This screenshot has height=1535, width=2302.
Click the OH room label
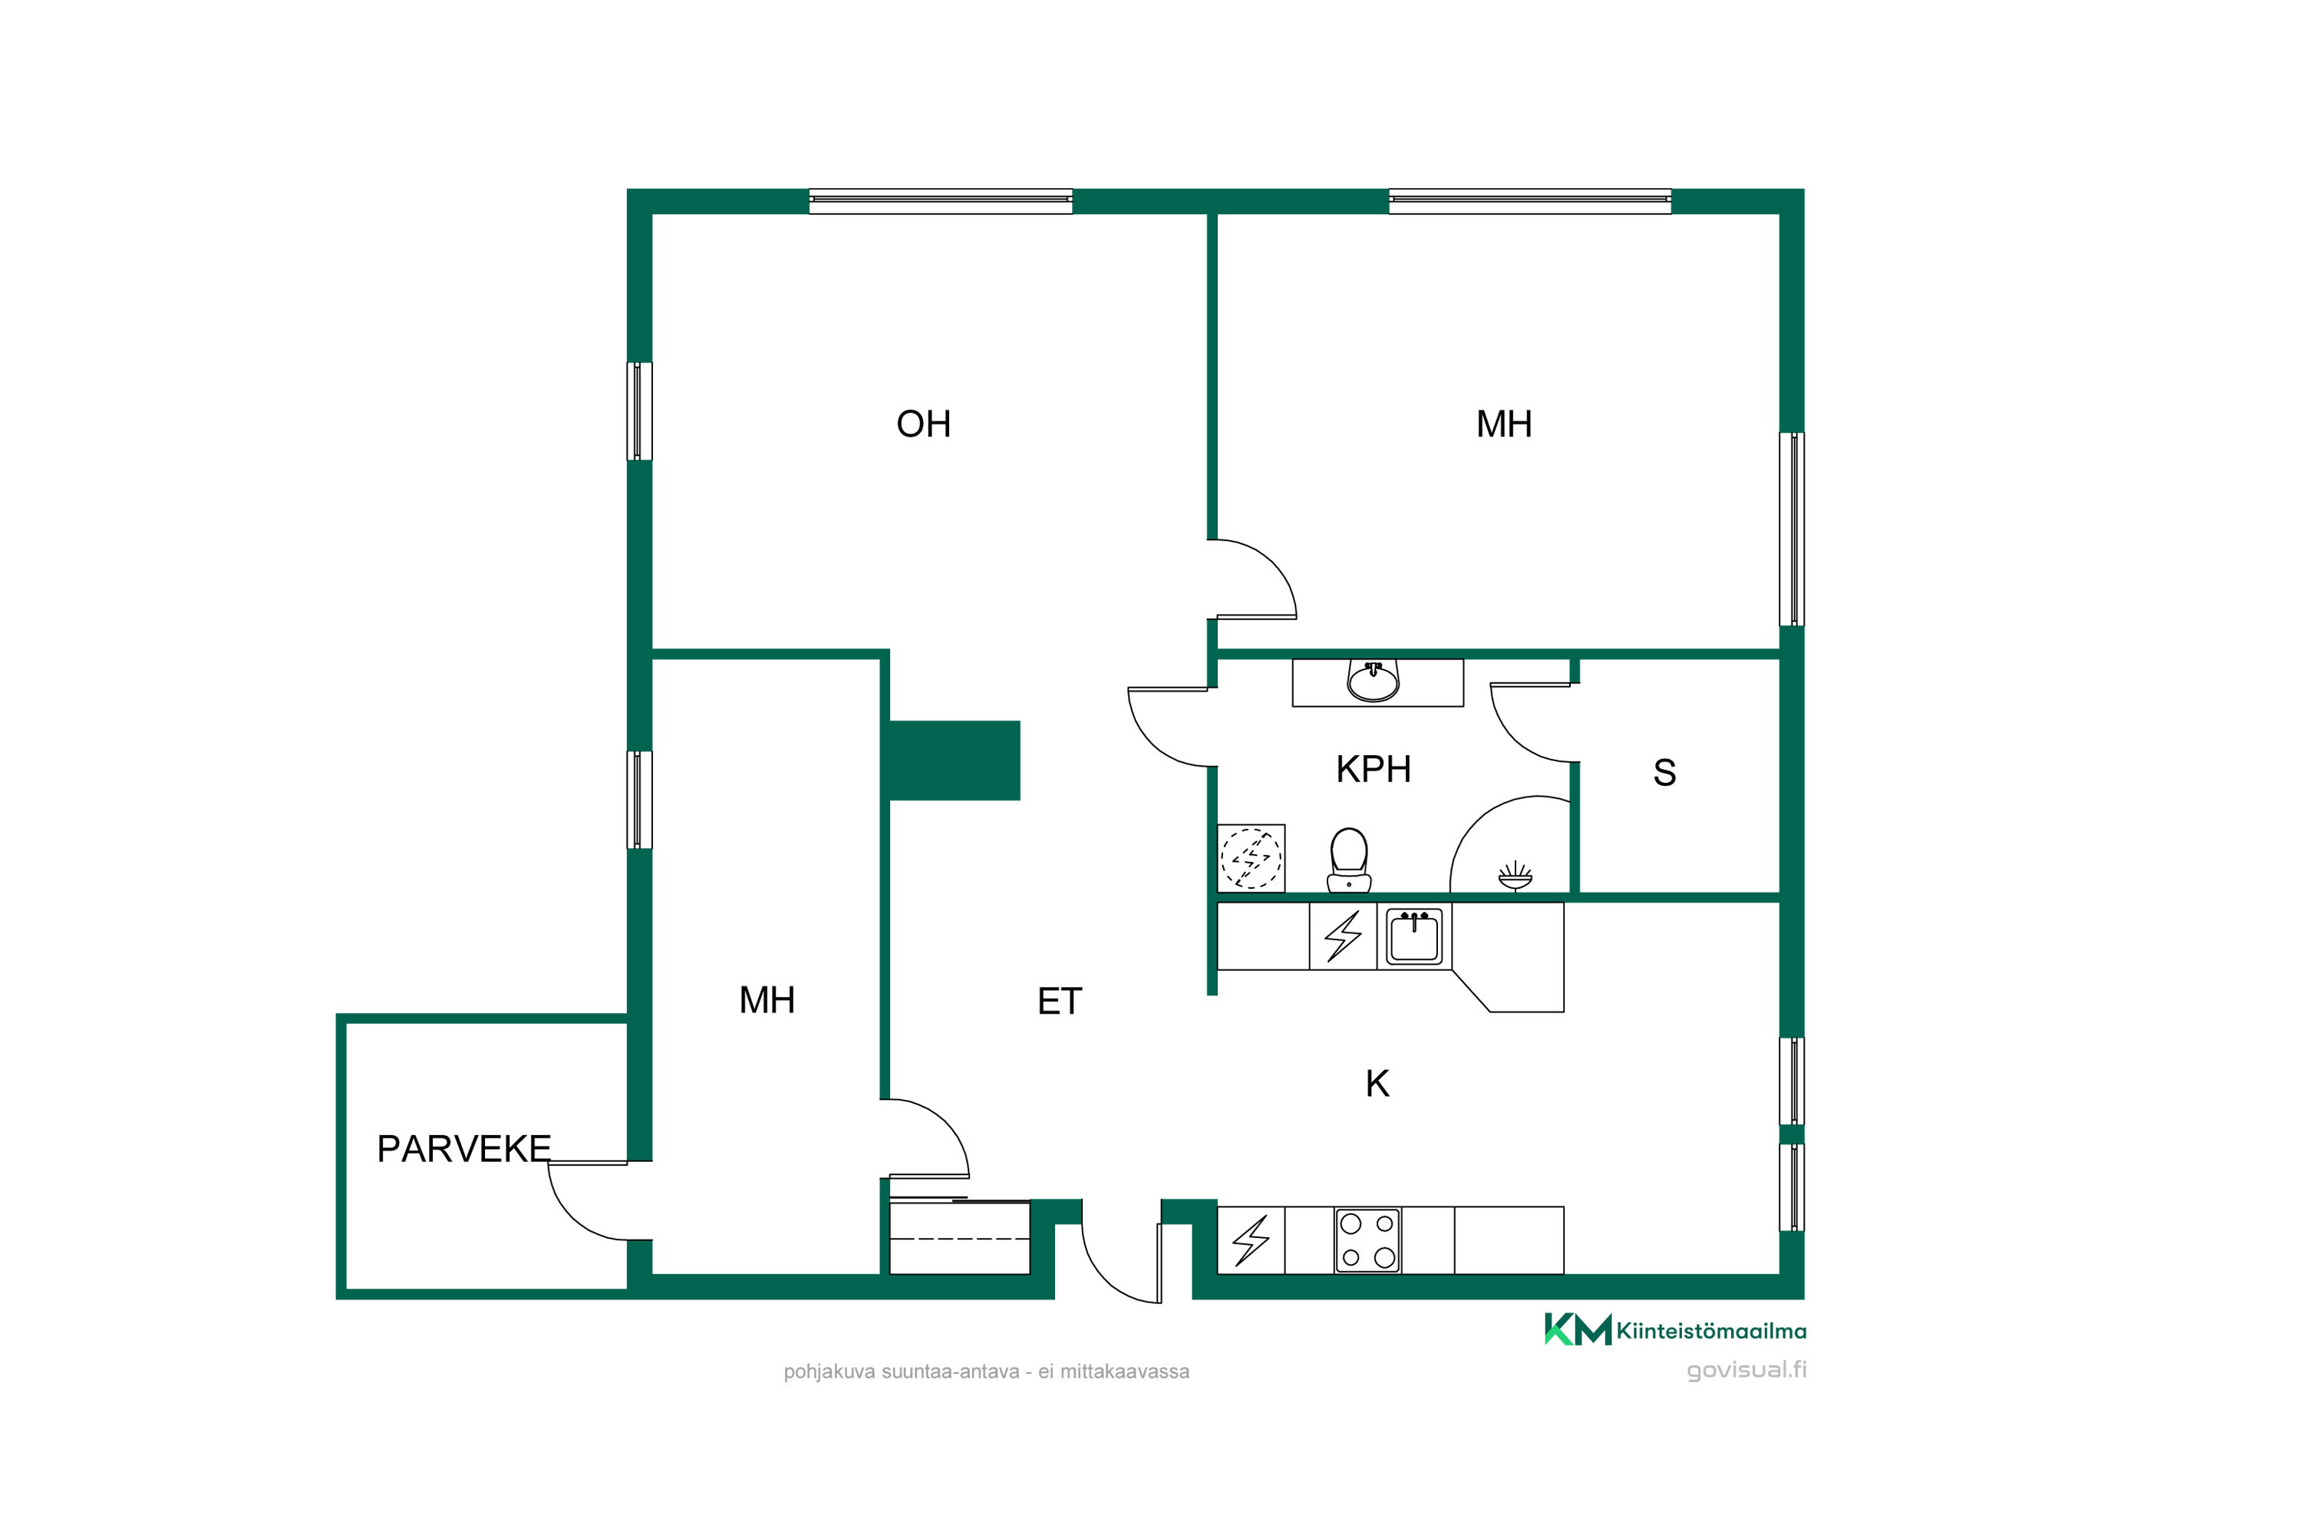(923, 424)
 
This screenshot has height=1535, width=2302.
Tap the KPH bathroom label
(1374, 770)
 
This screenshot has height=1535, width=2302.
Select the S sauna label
(1664, 772)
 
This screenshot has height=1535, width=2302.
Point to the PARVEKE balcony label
(464, 1148)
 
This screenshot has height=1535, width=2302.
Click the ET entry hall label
(1059, 1002)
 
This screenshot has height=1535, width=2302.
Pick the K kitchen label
(1377, 1084)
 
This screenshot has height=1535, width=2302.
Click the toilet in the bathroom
(1349, 860)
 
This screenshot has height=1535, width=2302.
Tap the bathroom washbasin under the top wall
(1374, 680)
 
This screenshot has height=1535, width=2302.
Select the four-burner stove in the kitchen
(1367, 1240)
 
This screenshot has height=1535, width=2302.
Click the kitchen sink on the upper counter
(1413, 937)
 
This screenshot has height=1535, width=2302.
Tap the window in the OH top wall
(941, 200)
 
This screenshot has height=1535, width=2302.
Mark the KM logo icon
(1578, 1329)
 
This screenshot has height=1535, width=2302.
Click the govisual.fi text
(1746, 1369)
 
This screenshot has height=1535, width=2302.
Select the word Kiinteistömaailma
(1712, 1332)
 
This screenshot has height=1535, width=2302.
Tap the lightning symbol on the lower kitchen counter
(1251, 1240)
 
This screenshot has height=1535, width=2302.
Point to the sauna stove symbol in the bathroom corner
(1515, 876)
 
